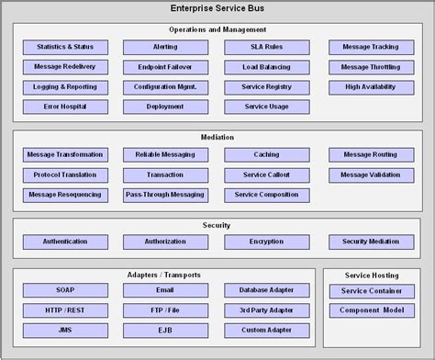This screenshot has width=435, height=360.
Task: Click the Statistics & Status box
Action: click(64, 47)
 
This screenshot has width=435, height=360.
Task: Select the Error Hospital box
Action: click(64, 107)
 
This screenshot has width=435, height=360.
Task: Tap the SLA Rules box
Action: click(266, 47)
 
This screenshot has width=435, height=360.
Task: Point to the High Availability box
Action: click(370, 87)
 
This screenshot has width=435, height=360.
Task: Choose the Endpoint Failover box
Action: click(165, 67)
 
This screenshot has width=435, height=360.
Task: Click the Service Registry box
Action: click(266, 87)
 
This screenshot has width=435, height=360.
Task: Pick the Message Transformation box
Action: click(64, 154)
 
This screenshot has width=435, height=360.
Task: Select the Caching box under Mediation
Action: click(266, 154)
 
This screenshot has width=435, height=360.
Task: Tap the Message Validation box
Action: click(370, 174)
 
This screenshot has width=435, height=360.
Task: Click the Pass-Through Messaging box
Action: click(165, 195)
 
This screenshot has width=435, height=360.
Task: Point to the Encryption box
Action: click(266, 242)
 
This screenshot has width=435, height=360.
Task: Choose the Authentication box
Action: click(64, 242)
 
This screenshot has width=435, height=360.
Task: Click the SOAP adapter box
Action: click(64, 290)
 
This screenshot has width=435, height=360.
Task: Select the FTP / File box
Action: click(165, 310)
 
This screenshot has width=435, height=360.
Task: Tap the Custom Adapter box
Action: click(266, 331)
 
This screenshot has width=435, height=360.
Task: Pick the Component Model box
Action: click(371, 310)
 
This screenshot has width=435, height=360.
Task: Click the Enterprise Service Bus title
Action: click(217, 8)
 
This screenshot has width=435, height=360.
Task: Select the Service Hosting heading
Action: click(371, 275)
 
